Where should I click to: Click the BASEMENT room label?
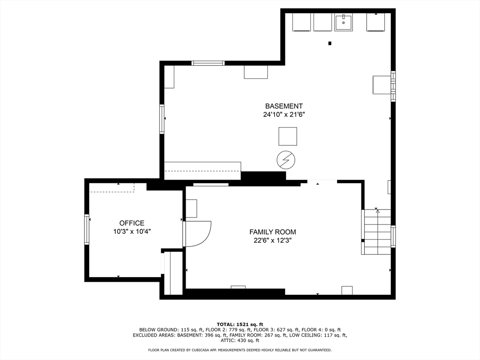coord(284,106)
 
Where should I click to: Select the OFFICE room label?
coord(132,223)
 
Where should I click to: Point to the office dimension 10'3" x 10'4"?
coord(132,231)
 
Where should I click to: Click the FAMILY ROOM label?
coord(272,232)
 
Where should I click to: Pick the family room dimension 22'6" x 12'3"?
coord(272,240)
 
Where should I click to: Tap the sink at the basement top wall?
coord(344,22)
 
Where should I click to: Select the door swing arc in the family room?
coord(198,233)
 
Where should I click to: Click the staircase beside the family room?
coord(377,232)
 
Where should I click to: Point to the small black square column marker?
coord(330,43)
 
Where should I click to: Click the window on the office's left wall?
coord(87,229)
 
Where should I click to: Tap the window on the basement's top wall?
coord(208,63)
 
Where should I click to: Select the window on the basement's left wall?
coord(162,119)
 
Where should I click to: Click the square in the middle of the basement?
coord(288,136)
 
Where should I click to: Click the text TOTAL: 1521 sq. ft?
coord(240,324)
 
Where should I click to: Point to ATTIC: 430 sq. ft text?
coord(240,340)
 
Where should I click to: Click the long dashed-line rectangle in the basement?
coord(202,167)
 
